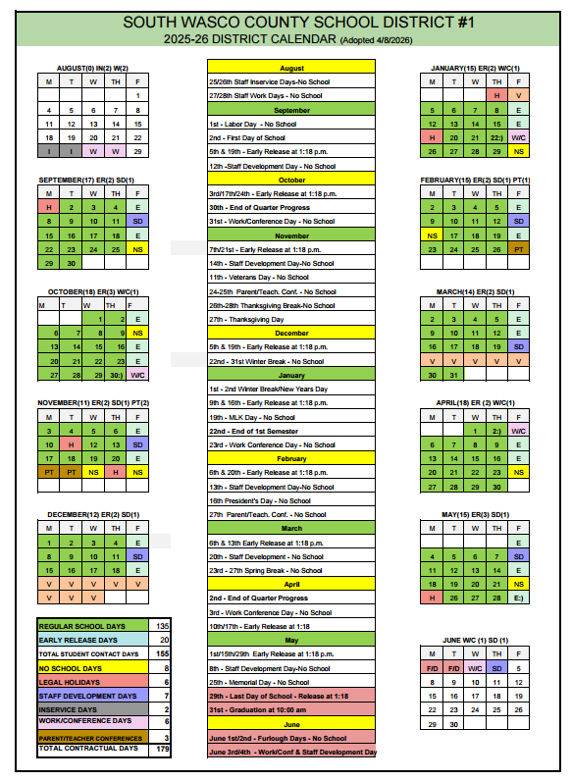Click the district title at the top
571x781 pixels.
tap(285, 21)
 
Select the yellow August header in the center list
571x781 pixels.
tap(291, 68)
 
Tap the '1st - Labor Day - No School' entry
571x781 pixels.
tap(252, 125)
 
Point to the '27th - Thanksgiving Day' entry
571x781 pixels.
tap(246, 319)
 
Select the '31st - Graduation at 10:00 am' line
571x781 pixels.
tap(258, 709)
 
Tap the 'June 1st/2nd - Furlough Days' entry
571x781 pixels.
tap(278, 737)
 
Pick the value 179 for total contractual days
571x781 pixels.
tap(163, 749)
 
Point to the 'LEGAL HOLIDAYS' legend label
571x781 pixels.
tap(69, 681)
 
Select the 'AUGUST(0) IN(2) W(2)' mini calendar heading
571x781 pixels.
tap(92, 68)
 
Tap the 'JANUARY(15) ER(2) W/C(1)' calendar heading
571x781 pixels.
tap(475, 68)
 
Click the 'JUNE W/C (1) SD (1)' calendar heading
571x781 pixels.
tap(476, 640)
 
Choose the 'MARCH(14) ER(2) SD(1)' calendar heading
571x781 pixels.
tap(475, 291)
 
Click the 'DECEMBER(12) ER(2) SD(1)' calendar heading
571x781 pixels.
tap(92, 514)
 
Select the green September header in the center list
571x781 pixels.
tap(291, 110)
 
